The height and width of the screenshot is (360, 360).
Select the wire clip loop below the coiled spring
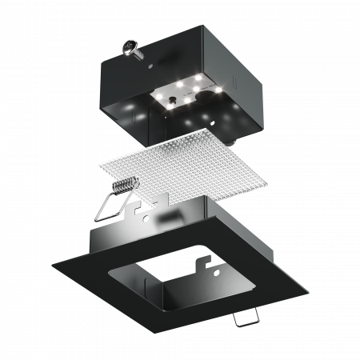[x=110, y=208]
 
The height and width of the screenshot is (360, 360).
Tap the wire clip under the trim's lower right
[x=246, y=316]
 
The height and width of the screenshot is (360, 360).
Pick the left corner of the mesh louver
[x=98, y=164]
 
